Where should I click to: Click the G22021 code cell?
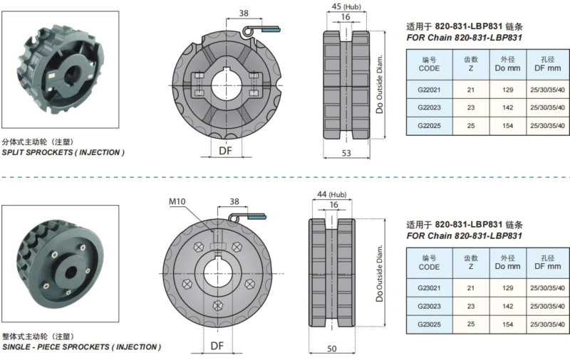(x=430, y=89)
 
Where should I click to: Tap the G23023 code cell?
(x=430, y=305)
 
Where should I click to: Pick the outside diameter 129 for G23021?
(x=508, y=287)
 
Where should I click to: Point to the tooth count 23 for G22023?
(x=470, y=107)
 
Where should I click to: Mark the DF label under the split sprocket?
(x=225, y=151)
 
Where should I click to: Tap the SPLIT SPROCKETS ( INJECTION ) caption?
(x=63, y=153)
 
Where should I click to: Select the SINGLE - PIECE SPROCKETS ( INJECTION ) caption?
(x=81, y=346)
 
